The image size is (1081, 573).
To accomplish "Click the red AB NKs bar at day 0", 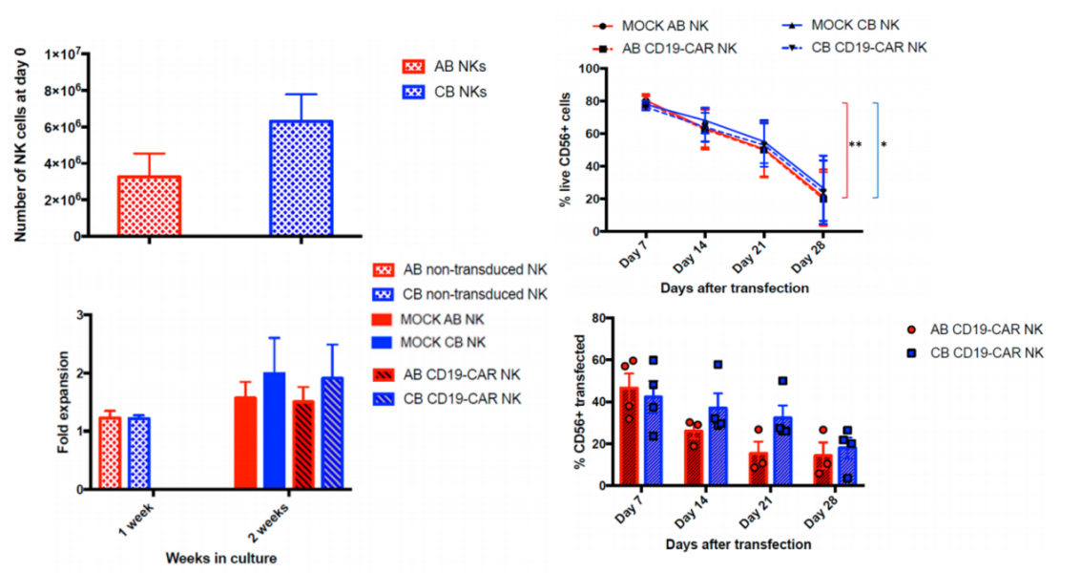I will point(149,205).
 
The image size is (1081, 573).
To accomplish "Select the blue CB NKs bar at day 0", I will point(301,179).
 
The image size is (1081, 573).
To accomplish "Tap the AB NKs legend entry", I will point(445,68).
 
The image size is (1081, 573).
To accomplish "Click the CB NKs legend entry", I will point(445,92).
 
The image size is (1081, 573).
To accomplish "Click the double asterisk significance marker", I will point(856,145).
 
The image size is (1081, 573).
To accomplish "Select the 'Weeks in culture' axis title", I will point(222,557).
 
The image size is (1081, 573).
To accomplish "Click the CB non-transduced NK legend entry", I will point(475,292).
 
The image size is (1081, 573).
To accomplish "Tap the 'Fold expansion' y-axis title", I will point(63,401).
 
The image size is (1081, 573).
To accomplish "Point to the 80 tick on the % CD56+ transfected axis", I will point(599,318).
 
